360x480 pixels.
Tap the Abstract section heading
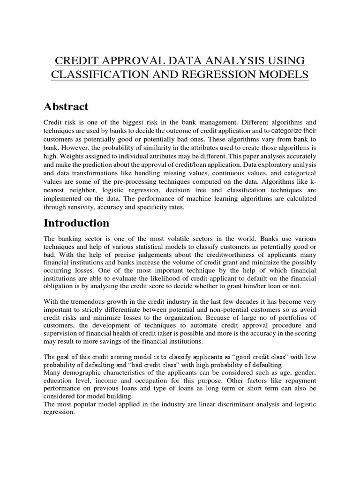point(66,106)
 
